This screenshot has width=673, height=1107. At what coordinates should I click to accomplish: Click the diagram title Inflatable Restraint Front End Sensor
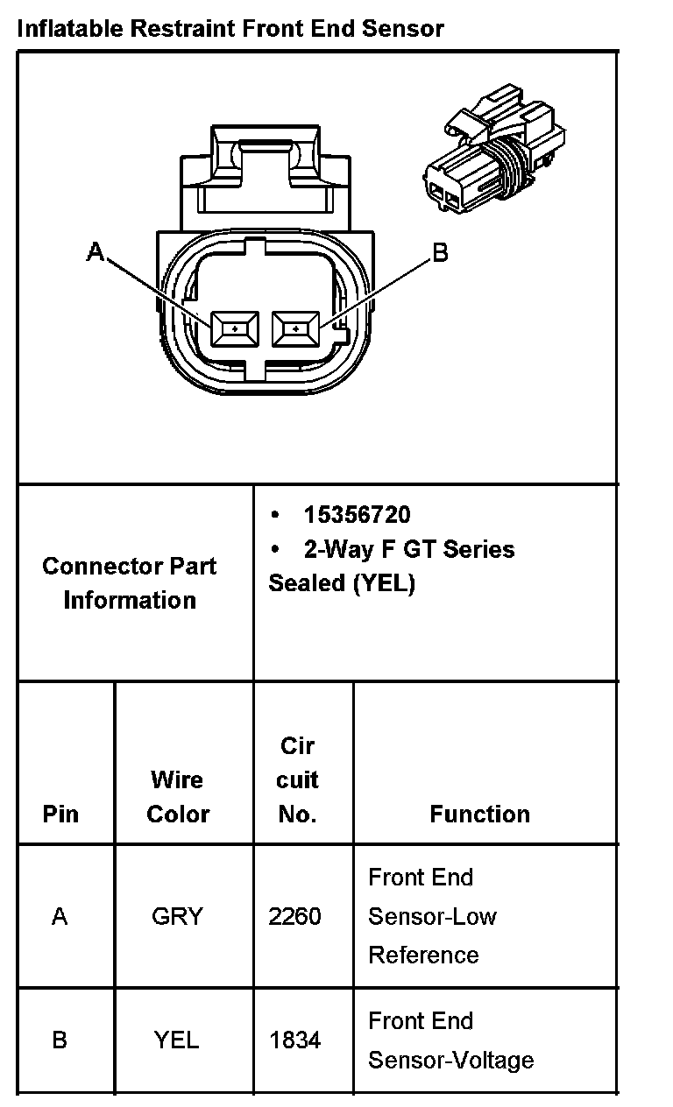click(x=230, y=28)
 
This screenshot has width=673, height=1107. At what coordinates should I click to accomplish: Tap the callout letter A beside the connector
click(x=96, y=253)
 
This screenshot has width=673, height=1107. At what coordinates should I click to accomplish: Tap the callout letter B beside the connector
click(x=440, y=253)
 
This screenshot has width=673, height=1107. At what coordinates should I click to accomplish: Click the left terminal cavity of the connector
click(x=234, y=329)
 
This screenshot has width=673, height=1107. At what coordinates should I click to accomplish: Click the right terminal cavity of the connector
click(x=296, y=329)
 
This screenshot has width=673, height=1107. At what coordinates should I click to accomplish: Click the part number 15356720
click(x=357, y=514)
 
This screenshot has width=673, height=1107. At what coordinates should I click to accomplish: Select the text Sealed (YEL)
click(x=342, y=583)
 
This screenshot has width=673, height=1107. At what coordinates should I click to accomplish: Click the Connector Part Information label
click(x=130, y=582)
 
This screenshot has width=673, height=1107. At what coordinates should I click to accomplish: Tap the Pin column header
click(x=60, y=814)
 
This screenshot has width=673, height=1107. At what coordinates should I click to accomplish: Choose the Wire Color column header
click(x=178, y=796)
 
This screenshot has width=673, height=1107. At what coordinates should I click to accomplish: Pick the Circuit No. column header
click(x=297, y=779)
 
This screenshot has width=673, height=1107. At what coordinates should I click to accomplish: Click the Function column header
click(x=479, y=814)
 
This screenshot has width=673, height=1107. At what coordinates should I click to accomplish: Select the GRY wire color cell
click(x=177, y=916)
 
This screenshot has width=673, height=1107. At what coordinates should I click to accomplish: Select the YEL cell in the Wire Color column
click(x=177, y=1040)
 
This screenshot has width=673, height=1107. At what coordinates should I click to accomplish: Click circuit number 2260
click(x=295, y=916)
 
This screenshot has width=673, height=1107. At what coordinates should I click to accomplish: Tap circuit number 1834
click(x=295, y=1040)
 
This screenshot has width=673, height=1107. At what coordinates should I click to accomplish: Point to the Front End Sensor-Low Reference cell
click(x=432, y=916)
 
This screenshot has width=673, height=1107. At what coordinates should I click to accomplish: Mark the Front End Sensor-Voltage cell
click(x=450, y=1040)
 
